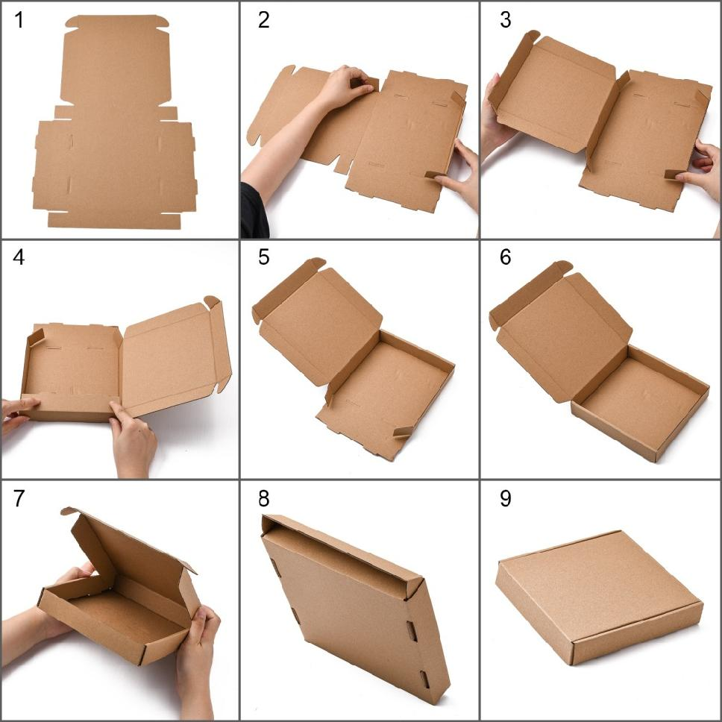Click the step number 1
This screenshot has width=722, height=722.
pyautogui.click(x=19, y=21)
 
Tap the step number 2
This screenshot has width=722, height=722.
pyautogui.click(x=263, y=21)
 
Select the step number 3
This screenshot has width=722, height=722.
pyautogui.click(x=506, y=21)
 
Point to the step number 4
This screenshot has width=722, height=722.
pyautogui.click(x=19, y=258)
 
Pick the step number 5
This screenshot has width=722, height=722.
pyautogui.click(x=263, y=258)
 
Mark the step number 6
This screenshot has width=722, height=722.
pyautogui.click(x=506, y=258)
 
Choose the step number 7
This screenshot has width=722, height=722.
pyautogui.click(x=19, y=499)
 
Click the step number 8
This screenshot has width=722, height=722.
pyautogui.click(x=263, y=499)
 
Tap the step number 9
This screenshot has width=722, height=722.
pyautogui.click(x=506, y=499)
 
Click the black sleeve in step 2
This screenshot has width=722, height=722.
pyautogui.click(x=253, y=213)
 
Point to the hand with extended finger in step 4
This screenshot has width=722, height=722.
pyautogui.click(x=132, y=440)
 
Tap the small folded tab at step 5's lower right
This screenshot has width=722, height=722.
pyautogui.click(x=403, y=432)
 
